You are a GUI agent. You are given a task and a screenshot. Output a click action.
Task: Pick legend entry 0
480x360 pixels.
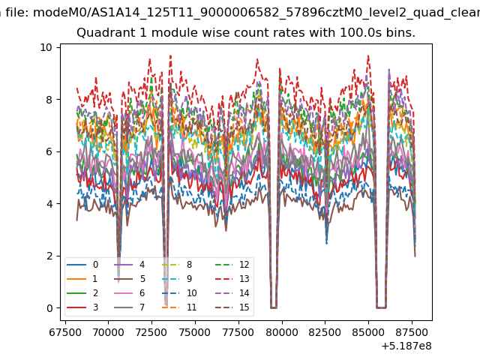82,265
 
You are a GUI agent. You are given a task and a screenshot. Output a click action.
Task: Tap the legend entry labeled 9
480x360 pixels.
177,279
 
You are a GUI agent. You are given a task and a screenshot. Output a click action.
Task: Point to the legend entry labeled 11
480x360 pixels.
179,307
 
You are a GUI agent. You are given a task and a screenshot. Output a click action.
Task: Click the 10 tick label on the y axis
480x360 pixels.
46,47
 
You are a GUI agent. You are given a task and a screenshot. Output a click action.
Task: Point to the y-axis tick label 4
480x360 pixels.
49,204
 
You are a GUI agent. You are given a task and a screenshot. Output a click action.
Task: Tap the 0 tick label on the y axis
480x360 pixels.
49,308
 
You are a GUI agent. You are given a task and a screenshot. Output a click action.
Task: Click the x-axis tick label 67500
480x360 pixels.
65,332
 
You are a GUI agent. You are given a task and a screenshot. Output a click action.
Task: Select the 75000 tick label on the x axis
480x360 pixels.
195,332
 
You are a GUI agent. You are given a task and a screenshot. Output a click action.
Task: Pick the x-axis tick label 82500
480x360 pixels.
325,332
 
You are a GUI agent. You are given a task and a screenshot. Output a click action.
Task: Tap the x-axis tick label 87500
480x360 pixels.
412,332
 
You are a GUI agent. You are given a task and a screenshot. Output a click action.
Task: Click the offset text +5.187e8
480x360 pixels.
406,346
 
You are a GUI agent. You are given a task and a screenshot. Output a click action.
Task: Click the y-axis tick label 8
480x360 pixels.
49,100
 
